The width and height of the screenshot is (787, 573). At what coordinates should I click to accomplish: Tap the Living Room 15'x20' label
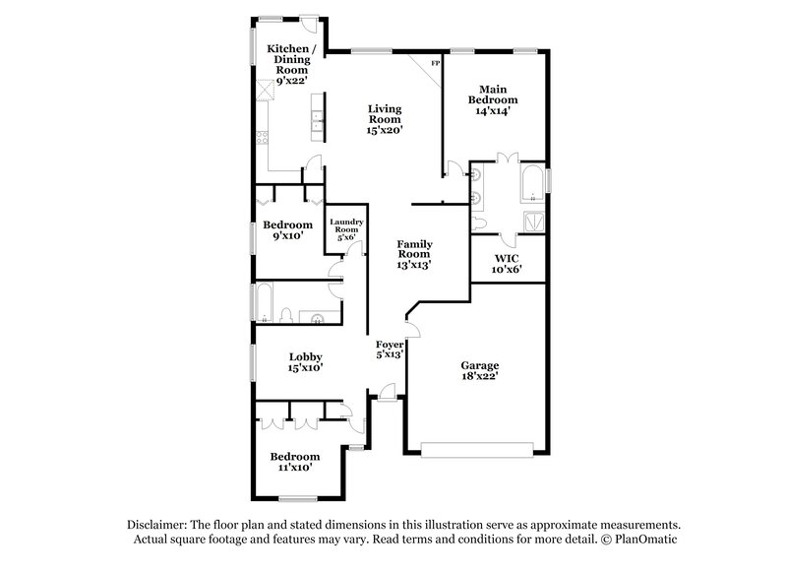385,118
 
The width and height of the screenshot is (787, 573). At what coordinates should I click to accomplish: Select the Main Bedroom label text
494,99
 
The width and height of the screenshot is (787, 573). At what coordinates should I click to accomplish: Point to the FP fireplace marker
435,64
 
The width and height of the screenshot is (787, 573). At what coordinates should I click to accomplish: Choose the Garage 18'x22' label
479,369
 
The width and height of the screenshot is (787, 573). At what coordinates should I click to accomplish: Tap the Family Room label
414,253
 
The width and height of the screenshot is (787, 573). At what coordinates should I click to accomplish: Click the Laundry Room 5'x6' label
346,229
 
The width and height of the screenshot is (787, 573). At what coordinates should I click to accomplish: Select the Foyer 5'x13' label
390,350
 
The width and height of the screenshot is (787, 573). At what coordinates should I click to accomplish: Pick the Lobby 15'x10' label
305,361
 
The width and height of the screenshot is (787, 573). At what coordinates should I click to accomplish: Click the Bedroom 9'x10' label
286,229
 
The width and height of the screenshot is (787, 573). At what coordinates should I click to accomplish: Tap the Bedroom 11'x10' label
295,462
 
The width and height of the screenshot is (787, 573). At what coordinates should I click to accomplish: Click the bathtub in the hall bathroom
264,301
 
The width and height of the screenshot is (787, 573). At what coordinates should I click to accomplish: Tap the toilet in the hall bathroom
284,315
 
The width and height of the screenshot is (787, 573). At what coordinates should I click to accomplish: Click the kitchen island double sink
319,121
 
